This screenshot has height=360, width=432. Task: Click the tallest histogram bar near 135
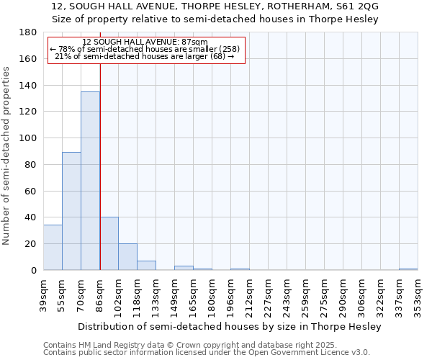click(90, 180)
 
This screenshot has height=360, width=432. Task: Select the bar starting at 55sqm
click(71, 210)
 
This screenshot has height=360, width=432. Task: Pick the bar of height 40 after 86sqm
click(109, 243)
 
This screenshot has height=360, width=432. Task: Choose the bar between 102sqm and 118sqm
click(127, 256)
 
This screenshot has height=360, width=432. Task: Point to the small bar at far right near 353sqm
click(408, 269)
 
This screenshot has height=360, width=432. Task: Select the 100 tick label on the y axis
click(26, 138)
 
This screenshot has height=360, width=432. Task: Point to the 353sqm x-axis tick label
click(418, 292)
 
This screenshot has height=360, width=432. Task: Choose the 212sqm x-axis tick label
click(249, 292)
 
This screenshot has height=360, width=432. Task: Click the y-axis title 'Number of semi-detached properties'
click(7, 156)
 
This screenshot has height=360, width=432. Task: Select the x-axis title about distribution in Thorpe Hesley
click(230, 326)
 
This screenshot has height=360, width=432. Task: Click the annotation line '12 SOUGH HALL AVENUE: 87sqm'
click(145, 42)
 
